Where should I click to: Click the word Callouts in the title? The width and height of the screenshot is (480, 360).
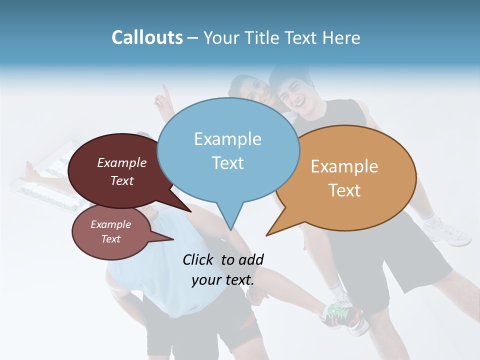(147, 37)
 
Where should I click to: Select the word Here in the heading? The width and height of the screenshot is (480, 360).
(341, 38)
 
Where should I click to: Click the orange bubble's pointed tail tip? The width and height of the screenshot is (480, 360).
(267, 235)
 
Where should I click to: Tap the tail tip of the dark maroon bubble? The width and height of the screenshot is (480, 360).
(190, 211)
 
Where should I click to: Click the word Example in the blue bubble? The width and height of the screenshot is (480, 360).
(227, 139)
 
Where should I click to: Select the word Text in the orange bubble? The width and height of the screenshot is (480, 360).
(345, 190)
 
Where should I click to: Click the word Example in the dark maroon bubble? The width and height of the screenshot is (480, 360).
(122, 162)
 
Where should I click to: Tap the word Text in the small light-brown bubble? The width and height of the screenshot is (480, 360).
(111, 239)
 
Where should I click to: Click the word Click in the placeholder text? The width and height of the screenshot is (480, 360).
(199, 259)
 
